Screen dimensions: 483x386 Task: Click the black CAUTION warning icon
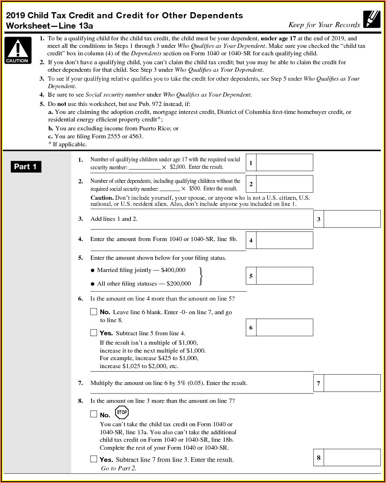17,50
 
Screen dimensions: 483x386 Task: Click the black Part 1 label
25,166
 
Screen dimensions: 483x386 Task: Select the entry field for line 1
285,163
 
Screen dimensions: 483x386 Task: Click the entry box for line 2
285,184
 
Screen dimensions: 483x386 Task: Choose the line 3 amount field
352,219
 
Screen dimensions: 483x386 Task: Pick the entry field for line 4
285,240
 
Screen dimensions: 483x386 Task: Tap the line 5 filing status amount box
285,276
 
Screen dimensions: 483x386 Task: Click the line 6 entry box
285,327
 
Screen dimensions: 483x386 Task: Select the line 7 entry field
352,383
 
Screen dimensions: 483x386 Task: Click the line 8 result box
352,457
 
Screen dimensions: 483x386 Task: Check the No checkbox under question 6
94,312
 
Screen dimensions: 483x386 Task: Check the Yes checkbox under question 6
94,333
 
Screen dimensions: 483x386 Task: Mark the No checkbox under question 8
94,415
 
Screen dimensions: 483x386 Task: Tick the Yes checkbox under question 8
94,459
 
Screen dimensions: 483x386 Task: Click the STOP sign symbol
121,413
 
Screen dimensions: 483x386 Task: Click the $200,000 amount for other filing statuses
179,284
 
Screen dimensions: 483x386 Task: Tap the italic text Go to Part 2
118,468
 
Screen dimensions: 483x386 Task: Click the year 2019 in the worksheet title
15,15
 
